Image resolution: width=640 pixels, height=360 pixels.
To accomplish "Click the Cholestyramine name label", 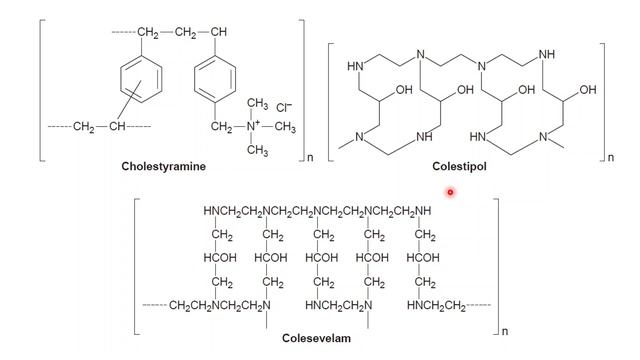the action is click(163, 167).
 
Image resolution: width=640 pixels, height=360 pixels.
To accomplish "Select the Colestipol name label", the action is click(459, 167).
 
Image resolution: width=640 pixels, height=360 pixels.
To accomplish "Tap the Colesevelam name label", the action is click(316, 338).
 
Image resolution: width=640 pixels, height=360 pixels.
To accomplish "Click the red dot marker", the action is click(450, 192).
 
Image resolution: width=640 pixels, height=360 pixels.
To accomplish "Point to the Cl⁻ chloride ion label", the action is click(284, 108).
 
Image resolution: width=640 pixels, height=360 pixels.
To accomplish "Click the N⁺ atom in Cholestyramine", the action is click(253, 126).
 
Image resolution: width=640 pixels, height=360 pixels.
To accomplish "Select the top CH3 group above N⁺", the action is click(257, 104).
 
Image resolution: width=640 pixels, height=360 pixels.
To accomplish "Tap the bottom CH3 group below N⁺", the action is click(257, 150).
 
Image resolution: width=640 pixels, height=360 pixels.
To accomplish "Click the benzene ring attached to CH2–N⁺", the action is click(215, 79).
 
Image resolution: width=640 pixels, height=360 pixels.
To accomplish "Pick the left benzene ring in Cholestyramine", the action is click(141, 79).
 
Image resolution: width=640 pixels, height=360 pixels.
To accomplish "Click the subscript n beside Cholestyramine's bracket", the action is click(310, 157).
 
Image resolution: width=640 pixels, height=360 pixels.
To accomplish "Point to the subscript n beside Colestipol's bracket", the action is click(611, 157).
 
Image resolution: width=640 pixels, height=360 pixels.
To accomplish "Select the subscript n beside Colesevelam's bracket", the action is click(505, 331).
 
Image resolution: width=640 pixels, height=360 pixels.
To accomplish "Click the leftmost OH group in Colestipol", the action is click(404, 90).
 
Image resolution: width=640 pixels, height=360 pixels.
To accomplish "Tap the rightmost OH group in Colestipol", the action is click(588, 90).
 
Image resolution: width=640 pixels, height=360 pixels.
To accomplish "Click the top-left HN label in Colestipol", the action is click(355, 66).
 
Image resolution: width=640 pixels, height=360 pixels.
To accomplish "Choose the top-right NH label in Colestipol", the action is click(547, 54).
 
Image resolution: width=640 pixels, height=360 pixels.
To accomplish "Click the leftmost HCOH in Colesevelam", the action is click(220, 258).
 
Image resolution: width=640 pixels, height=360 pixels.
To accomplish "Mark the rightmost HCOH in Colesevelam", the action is click(423, 258).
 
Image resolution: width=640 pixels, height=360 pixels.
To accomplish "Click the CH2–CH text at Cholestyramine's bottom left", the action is click(100, 127).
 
